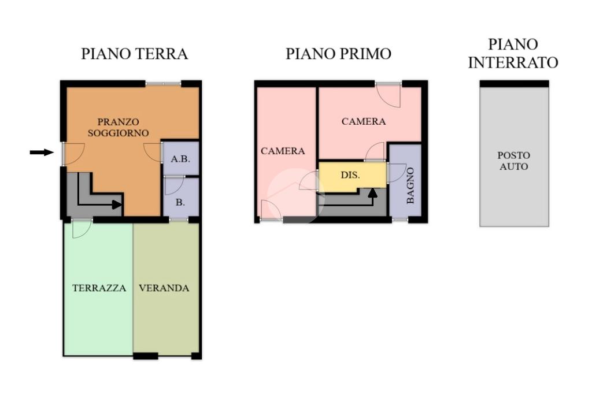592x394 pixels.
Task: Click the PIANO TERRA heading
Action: click(134, 54)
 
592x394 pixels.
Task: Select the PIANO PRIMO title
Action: click(338, 54)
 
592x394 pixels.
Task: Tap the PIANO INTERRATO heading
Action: click(513, 53)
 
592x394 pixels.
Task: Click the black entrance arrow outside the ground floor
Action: click(42, 152)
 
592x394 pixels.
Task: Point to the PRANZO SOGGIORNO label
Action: click(118, 128)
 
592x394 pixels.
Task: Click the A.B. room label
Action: click(180, 159)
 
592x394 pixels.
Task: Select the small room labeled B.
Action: click(180, 202)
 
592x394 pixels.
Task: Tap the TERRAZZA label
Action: click(99, 288)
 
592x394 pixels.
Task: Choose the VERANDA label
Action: click(164, 288)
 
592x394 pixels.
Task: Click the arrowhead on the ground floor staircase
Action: click(117, 205)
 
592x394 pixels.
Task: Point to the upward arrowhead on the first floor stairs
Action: click(373, 192)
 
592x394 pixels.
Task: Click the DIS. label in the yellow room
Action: click(350, 175)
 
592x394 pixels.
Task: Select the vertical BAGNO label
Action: click(410, 185)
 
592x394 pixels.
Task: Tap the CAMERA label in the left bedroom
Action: click(283, 151)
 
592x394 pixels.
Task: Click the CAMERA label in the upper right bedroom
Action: click(364, 121)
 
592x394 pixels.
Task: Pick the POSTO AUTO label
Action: click(513, 161)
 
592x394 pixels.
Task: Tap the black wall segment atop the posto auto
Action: click(514, 84)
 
